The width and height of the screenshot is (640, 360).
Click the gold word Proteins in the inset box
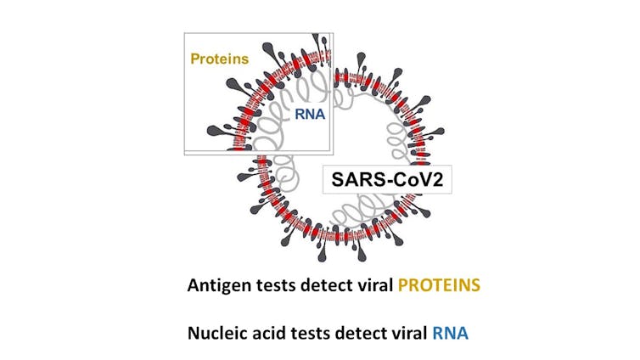point(219,59)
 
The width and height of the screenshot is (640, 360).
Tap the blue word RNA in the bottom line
point(451,332)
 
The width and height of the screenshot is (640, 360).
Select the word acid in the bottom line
point(272,332)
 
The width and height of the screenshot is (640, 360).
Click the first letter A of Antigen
point(194,285)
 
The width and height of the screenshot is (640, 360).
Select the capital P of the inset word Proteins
point(194,59)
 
